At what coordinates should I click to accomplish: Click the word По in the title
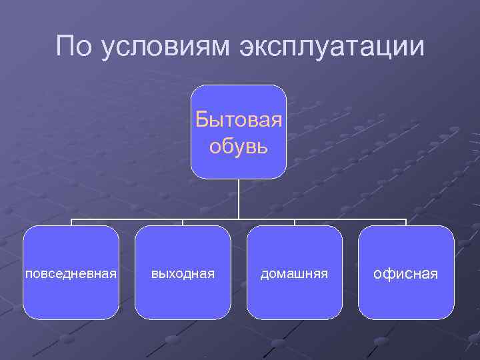(74, 46)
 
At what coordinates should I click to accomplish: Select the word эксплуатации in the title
(329, 48)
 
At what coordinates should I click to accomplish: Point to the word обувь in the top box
(239, 145)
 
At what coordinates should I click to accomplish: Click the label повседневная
(71, 273)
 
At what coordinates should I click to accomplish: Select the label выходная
(183, 273)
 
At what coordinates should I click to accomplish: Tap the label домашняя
(294, 273)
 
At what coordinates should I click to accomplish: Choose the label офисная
(405, 273)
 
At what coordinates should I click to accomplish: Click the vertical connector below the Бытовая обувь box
(239, 199)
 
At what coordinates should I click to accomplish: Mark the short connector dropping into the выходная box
(183, 223)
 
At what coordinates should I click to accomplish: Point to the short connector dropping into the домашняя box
(294, 223)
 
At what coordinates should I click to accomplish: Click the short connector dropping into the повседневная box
(71, 223)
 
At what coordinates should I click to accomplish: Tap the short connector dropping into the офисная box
(405, 223)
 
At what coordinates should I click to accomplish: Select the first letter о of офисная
(378, 274)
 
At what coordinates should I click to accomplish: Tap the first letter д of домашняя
(264, 274)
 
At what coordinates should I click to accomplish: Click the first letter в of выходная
(154, 273)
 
